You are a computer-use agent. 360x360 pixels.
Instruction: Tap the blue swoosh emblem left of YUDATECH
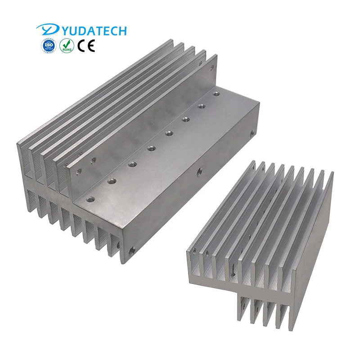[46, 30]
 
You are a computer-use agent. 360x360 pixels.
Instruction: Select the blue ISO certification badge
[48, 46]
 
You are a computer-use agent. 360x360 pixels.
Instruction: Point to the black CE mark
[86, 46]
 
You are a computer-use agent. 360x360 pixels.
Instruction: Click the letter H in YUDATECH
[121, 31]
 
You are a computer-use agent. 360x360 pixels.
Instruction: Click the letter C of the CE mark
[81, 46]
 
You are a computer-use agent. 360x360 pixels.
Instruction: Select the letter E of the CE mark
[90, 46]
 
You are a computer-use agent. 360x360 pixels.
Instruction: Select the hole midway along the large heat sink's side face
[198, 171]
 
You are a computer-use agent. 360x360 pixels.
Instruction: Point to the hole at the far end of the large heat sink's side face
[252, 132]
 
